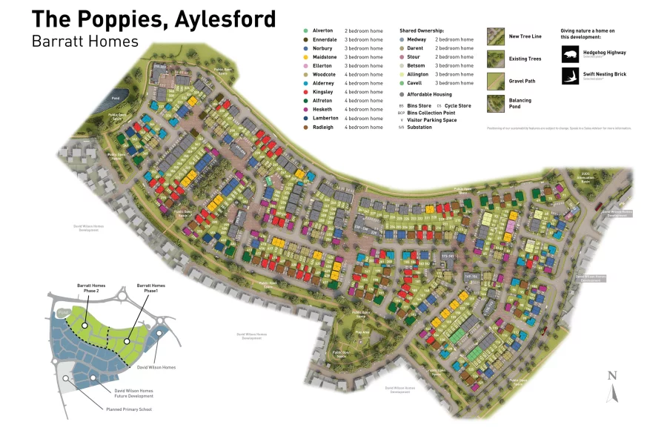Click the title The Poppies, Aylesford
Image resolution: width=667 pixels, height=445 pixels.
click(153, 19)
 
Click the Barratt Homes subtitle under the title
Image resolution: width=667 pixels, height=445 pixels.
click(85, 41)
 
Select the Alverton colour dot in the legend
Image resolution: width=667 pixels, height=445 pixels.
click(305, 30)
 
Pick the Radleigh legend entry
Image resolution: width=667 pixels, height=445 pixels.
click(323, 127)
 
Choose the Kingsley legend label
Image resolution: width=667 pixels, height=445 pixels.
click(322, 92)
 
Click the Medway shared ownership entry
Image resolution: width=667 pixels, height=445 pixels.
click(417, 39)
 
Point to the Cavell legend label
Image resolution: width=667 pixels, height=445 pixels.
click(414, 83)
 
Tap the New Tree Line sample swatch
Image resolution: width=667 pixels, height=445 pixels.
click(496, 36)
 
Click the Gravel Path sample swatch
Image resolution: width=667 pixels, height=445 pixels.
click(496, 81)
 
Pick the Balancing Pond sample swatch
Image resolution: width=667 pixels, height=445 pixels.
click(496, 103)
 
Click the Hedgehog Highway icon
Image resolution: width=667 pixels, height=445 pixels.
click(570, 54)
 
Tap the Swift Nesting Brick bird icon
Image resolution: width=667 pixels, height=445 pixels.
click(570, 76)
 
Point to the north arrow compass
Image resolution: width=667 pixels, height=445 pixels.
click(611, 386)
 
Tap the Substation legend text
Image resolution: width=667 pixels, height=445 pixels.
click(419, 127)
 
